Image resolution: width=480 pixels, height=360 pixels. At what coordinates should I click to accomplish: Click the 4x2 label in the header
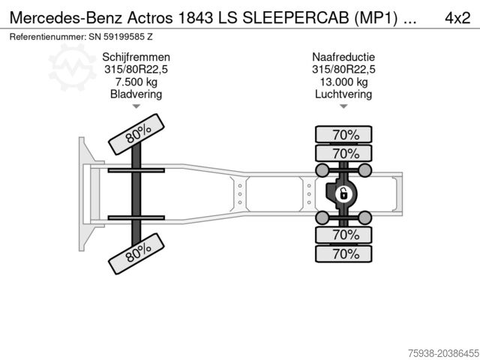[x=456, y=16]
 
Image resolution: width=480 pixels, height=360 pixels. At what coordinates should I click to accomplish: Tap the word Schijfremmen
[x=136, y=56]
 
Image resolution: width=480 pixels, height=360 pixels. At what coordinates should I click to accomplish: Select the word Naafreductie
[x=343, y=56]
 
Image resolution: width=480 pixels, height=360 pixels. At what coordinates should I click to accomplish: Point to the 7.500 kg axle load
[x=136, y=82]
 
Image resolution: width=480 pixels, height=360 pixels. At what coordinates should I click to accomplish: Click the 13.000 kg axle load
[x=343, y=82]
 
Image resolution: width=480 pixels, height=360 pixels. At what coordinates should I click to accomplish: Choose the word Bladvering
[x=136, y=94]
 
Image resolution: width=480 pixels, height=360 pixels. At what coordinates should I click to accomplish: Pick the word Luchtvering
[x=343, y=94]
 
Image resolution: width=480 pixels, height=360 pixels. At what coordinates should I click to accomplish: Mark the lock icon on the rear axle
[x=342, y=194]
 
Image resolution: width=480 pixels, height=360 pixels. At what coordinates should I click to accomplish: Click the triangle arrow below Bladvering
[x=136, y=107]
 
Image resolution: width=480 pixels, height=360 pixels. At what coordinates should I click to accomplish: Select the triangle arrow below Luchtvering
[x=343, y=107]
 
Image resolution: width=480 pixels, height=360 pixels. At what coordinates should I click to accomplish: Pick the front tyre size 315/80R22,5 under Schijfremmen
[x=136, y=69]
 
